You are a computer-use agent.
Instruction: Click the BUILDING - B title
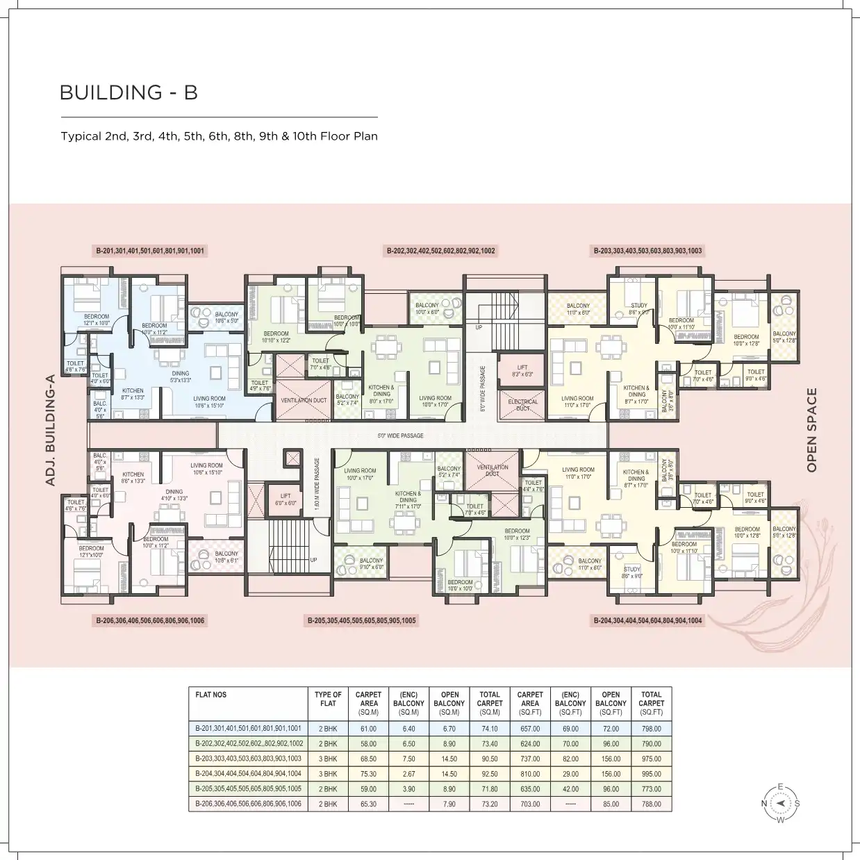129,92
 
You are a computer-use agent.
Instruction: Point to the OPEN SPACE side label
811,431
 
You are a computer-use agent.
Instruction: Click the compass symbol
780,803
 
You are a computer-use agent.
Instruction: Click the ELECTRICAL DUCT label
522,405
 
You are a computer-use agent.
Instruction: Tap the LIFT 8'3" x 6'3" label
522,371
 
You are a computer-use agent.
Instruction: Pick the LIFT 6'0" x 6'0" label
285,499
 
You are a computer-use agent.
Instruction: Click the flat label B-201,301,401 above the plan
150,251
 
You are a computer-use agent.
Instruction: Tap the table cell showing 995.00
652,774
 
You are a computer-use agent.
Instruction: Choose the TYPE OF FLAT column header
328,699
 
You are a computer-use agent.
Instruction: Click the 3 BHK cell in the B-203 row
328,759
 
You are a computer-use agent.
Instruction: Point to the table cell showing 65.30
368,804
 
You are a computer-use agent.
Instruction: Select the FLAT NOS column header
211,695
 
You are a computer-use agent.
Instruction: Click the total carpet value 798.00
652,729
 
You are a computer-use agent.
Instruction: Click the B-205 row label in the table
248,789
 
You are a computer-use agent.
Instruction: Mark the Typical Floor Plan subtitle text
219,136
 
